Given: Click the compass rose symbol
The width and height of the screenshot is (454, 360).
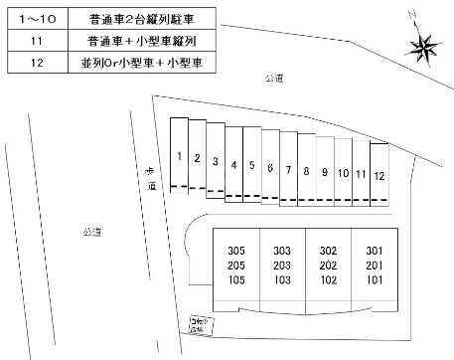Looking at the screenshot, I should pyautogui.click(x=420, y=45).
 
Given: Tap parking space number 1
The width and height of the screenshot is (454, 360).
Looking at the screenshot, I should pyautogui.click(x=178, y=156).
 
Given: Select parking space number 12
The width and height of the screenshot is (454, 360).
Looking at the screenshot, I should pyautogui.click(x=378, y=174).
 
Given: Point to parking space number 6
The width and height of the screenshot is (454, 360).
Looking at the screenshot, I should pyautogui.click(x=269, y=168).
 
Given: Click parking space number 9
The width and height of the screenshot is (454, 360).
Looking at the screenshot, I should pyautogui.click(x=325, y=172).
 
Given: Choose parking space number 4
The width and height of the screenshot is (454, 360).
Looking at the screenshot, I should pyautogui.click(x=233, y=164).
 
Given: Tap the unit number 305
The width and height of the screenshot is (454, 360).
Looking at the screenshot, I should pyautogui.click(x=236, y=250).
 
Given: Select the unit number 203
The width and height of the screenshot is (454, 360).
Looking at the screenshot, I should pyautogui.click(x=282, y=266).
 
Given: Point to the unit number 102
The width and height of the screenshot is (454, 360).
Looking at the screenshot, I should pyautogui.click(x=329, y=281).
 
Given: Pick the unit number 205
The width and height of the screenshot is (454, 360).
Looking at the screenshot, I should pyautogui.click(x=236, y=266).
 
